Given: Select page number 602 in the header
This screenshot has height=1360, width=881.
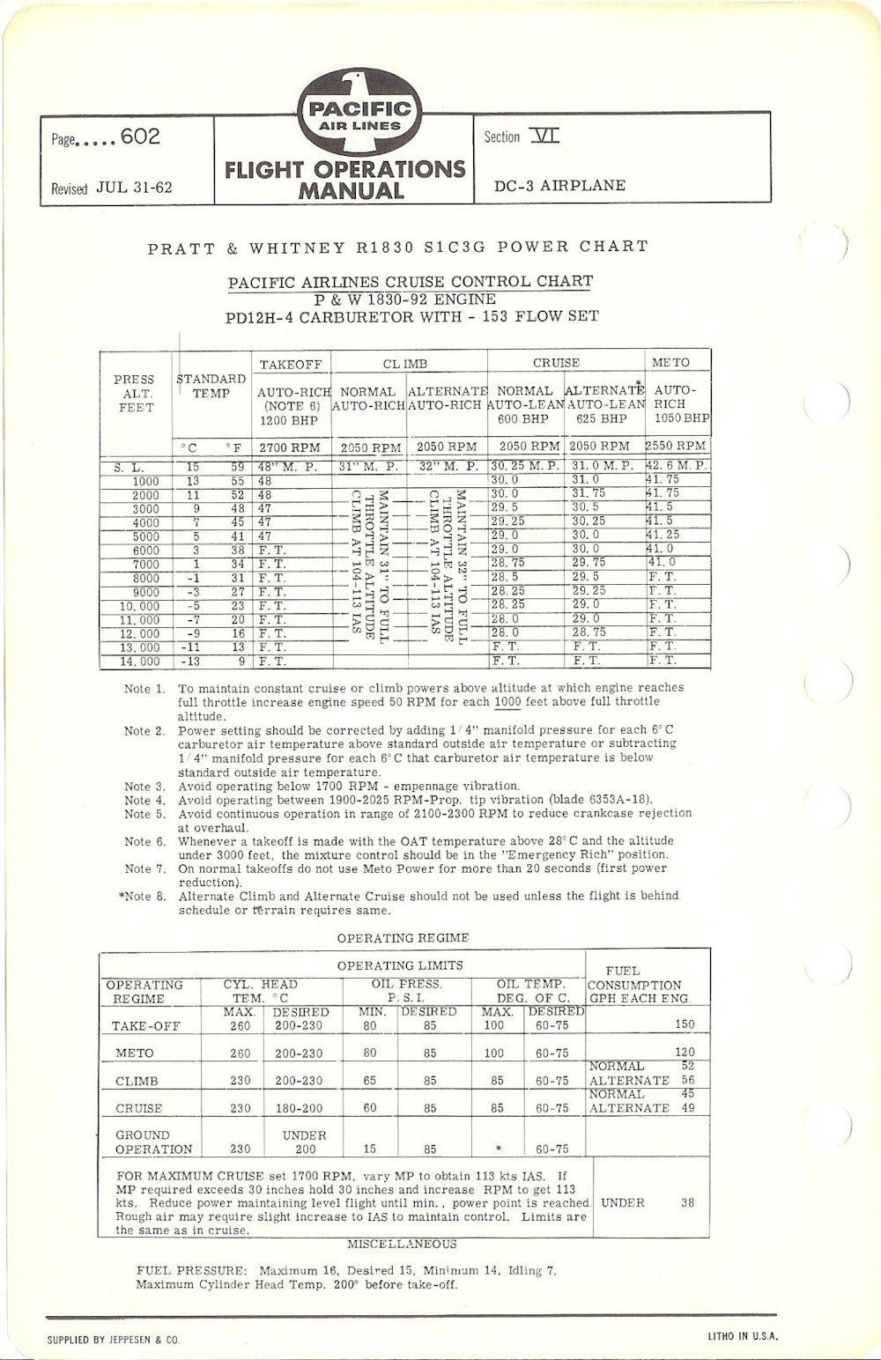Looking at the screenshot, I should tap(140, 138).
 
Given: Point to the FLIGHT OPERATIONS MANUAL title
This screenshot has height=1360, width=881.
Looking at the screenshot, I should tap(344, 179).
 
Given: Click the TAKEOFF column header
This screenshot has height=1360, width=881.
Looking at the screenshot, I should tap(291, 363).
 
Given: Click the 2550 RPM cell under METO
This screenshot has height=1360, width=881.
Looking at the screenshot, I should tap(677, 447).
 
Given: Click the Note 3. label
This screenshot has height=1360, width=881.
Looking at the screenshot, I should tap(144, 787).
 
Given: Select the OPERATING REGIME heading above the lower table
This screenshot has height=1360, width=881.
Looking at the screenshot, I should tap(403, 938).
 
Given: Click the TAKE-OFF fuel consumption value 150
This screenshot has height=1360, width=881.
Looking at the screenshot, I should tap(684, 1024).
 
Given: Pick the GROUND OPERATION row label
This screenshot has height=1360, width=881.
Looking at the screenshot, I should tap(141, 1142).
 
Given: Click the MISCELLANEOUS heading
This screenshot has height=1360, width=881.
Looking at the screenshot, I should tap(402, 1244).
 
